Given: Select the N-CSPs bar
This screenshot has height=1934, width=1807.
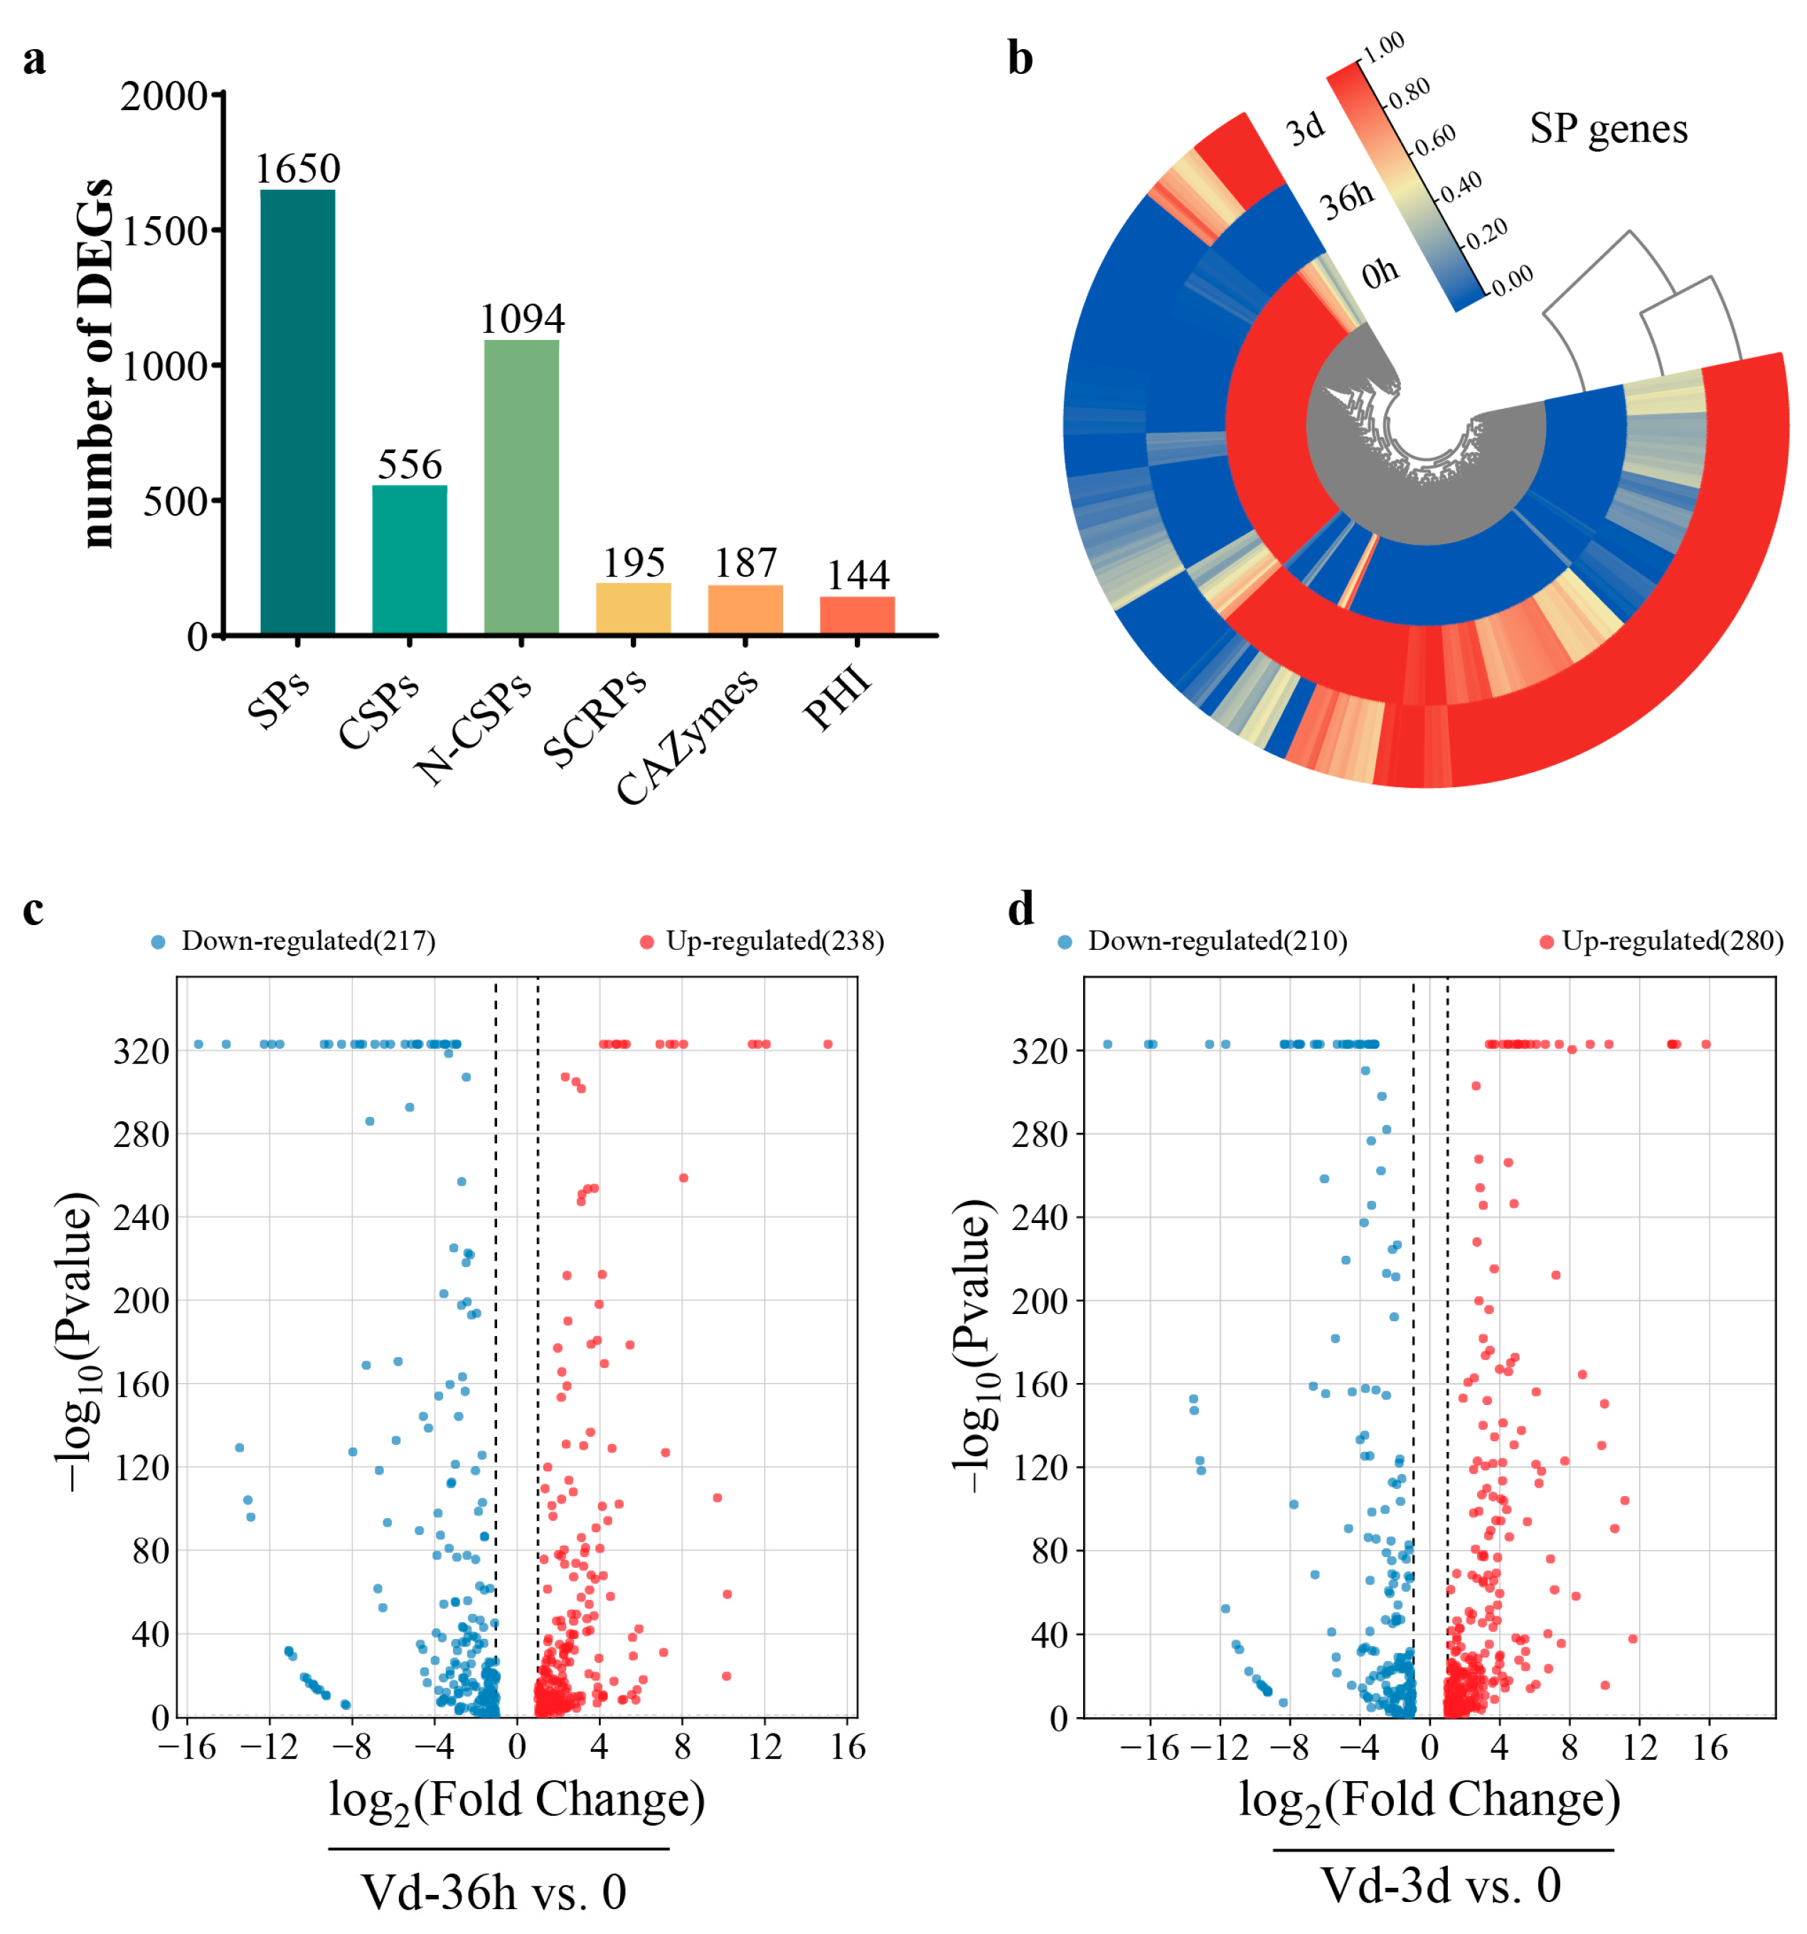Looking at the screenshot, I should (521, 486).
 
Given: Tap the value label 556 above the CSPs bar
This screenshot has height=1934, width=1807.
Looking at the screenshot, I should (410, 464).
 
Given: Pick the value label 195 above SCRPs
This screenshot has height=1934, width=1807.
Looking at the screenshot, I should (634, 562).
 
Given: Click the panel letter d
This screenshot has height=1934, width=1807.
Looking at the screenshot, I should (1020, 909).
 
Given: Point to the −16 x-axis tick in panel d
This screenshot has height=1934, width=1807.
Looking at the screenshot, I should (1149, 1748).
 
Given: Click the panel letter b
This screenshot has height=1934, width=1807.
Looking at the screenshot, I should (1020, 58).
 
